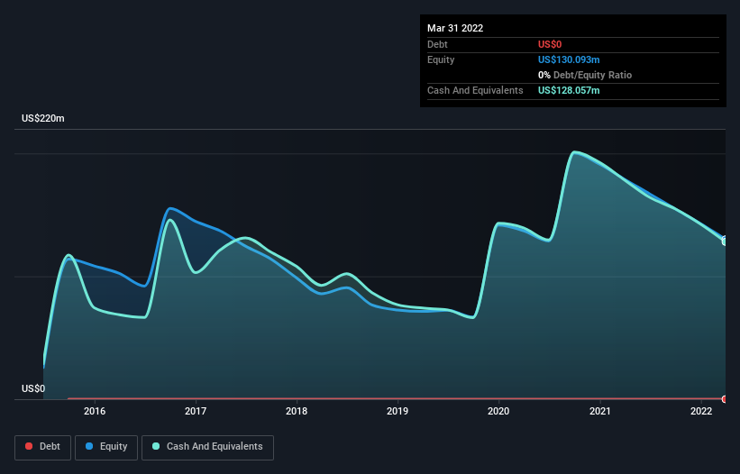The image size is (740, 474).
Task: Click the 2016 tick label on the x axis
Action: pyautogui.click(x=94, y=411)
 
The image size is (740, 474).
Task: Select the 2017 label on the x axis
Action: pyautogui.click(x=196, y=411)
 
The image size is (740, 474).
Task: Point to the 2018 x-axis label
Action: pyautogui.click(x=297, y=411)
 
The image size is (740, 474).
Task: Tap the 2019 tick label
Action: pyautogui.click(x=397, y=411)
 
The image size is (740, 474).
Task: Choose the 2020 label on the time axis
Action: pyautogui.click(x=498, y=411)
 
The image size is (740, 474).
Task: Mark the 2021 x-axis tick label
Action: pyautogui.click(x=600, y=411)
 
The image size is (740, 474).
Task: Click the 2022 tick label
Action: pyautogui.click(x=701, y=411)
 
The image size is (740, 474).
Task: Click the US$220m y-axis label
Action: pyautogui.click(x=43, y=119)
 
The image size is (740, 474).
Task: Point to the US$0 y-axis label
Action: pyautogui.click(x=33, y=389)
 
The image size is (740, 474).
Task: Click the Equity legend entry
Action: pyautogui.click(x=106, y=446)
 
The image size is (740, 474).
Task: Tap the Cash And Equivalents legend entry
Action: pyautogui.click(x=207, y=446)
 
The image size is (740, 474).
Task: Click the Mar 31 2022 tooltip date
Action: pyautogui.click(x=455, y=28)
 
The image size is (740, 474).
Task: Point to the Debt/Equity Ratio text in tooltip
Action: pyautogui.click(x=589, y=76)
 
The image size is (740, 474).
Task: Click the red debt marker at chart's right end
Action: pyautogui.click(x=725, y=398)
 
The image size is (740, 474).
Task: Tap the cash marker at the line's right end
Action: pyautogui.click(x=725, y=241)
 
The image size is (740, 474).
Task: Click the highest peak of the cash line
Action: pyautogui.click(x=575, y=151)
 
